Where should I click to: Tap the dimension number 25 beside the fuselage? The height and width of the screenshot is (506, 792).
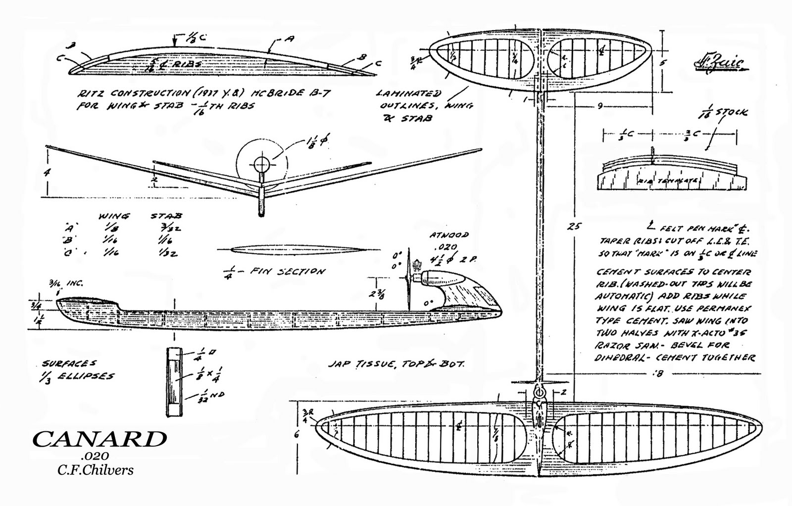point(574,227)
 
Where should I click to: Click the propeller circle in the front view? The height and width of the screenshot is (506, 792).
point(261,163)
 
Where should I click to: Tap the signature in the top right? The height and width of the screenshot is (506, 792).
point(718,65)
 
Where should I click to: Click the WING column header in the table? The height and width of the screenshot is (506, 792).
point(114,216)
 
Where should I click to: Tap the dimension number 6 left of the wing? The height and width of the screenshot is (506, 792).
point(297,435)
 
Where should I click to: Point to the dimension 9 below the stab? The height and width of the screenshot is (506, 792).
point(599,105)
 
